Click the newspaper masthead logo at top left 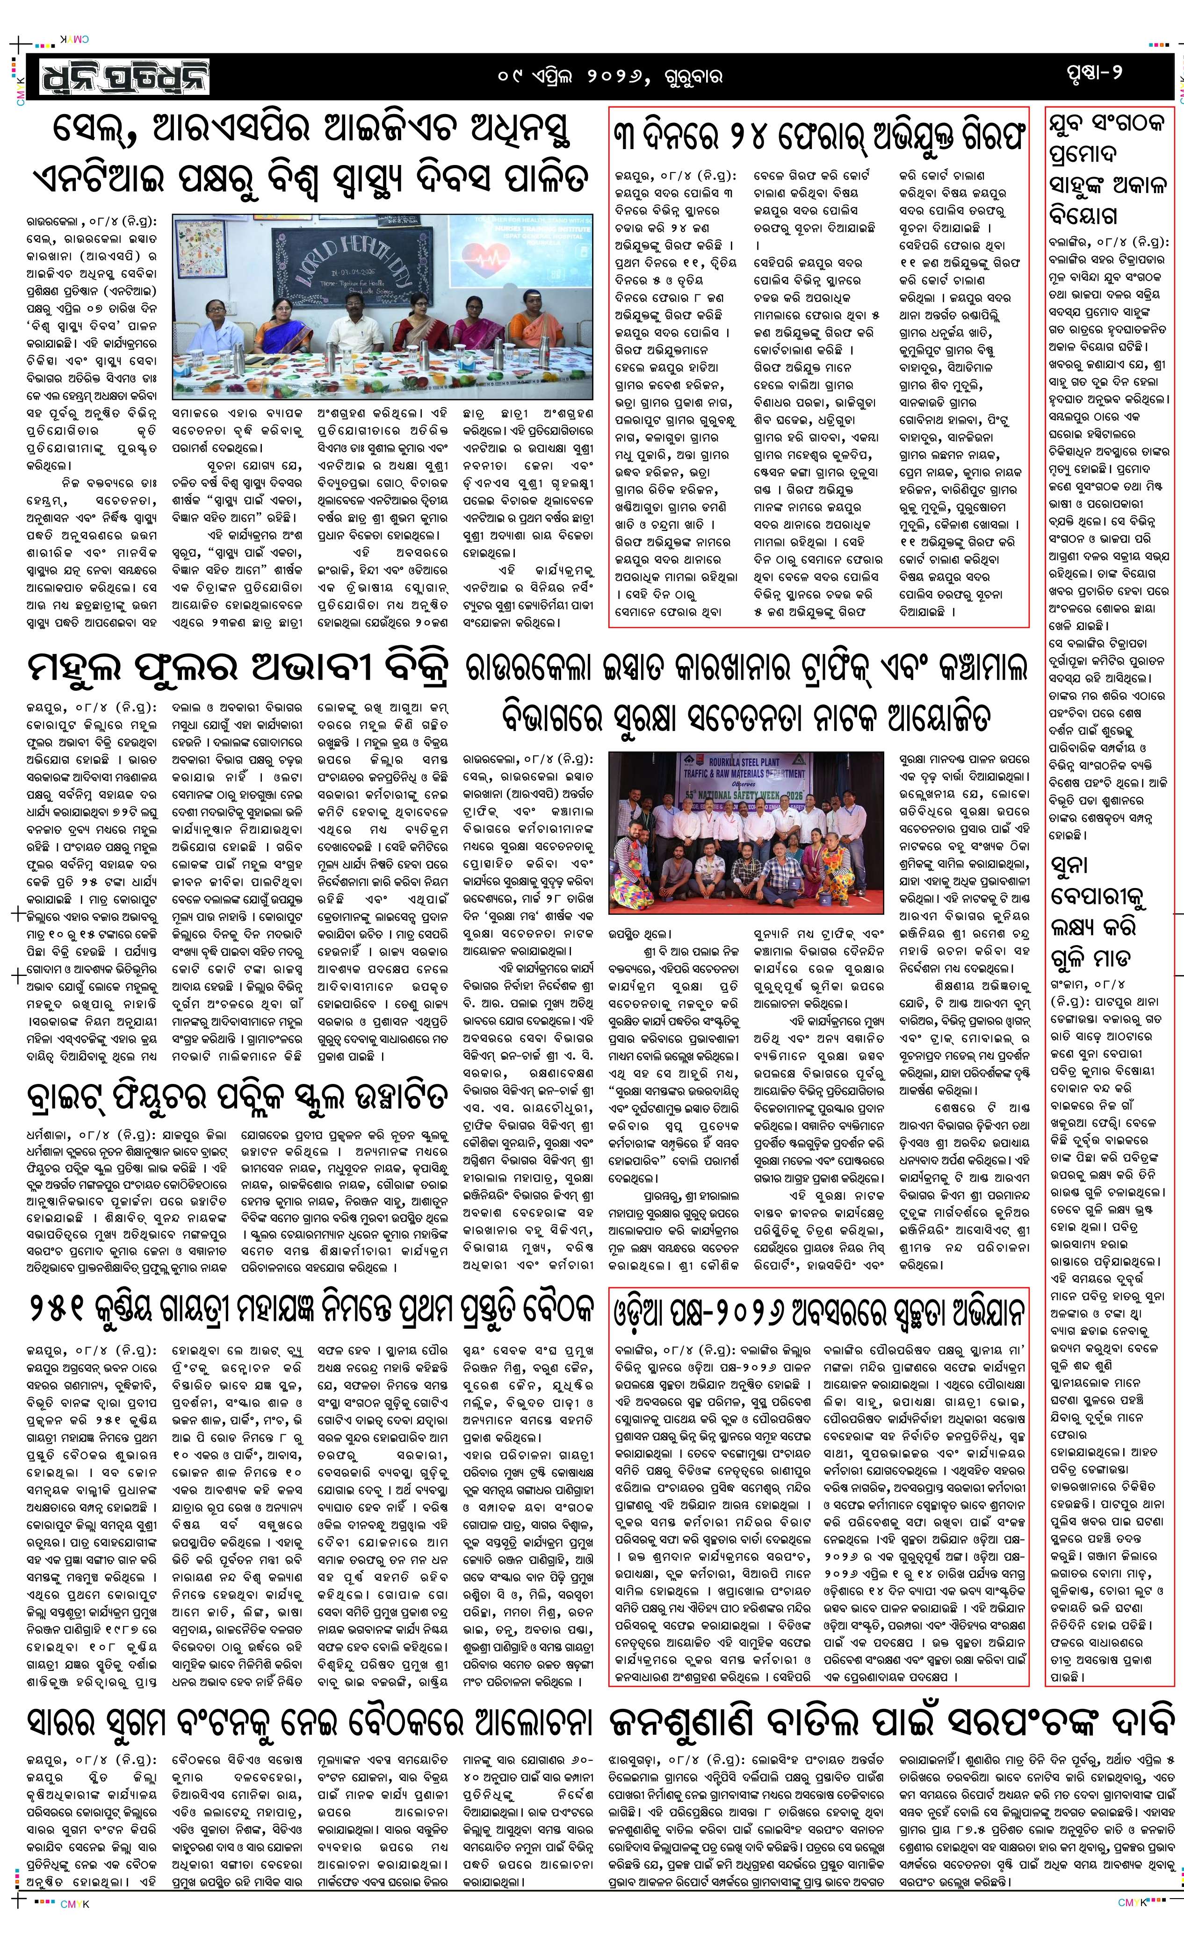pos(118,77)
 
